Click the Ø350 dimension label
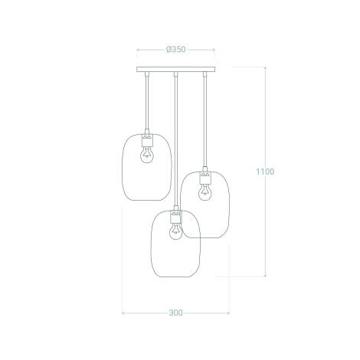(x=175, y=50)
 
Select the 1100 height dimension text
(x=265, y=172)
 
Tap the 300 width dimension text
(x=175, y=313)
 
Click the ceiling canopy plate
(x=175, y=70)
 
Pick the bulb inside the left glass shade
(x=146, y=154)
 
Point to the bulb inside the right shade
(x=205, y=191)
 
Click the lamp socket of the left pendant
(x=146, y=139)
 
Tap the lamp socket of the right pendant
(x=205, y=176)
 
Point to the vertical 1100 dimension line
(x=265, y=230)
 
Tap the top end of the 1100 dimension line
(x=265, y=68)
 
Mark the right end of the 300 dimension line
(x=229, y=313)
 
